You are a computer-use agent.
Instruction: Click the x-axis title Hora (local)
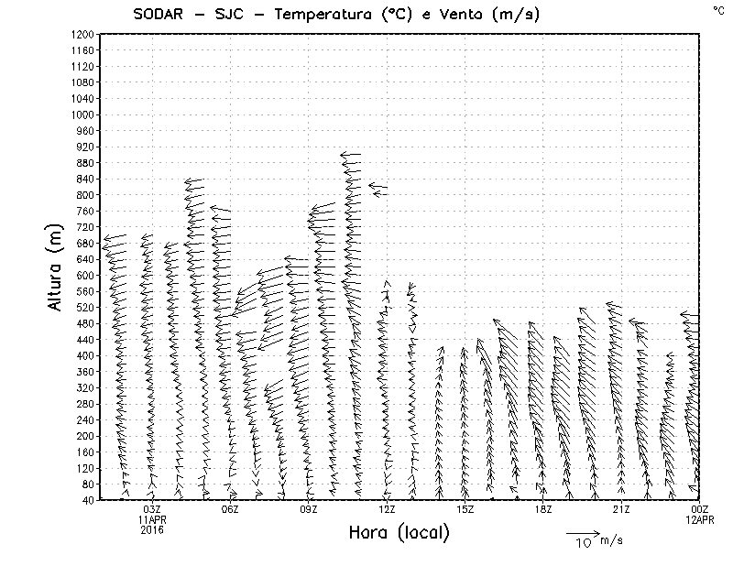(x=399, y=533)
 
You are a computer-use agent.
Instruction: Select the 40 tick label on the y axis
(x=88, y=500)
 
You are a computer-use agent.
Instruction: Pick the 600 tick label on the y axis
(x=85, y=275)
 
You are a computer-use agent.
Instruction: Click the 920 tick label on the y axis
(x=85, y=147)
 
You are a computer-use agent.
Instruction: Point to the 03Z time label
(x=152, y=509)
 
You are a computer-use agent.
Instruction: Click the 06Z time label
(x=230, y=509)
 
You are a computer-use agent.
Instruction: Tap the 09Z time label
(x=309, y=509)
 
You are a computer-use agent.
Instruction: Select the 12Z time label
(x=387, y=509)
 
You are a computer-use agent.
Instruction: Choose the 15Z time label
(x=465, y=509)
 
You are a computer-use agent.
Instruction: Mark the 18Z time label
(x=543, y=509)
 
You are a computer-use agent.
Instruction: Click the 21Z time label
(x=621, y=509)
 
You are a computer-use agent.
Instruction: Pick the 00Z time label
(x=699, y=509)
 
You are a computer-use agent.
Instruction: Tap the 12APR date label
(x=699, y=519)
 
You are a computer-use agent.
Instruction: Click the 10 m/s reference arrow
(x=582, y=532)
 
